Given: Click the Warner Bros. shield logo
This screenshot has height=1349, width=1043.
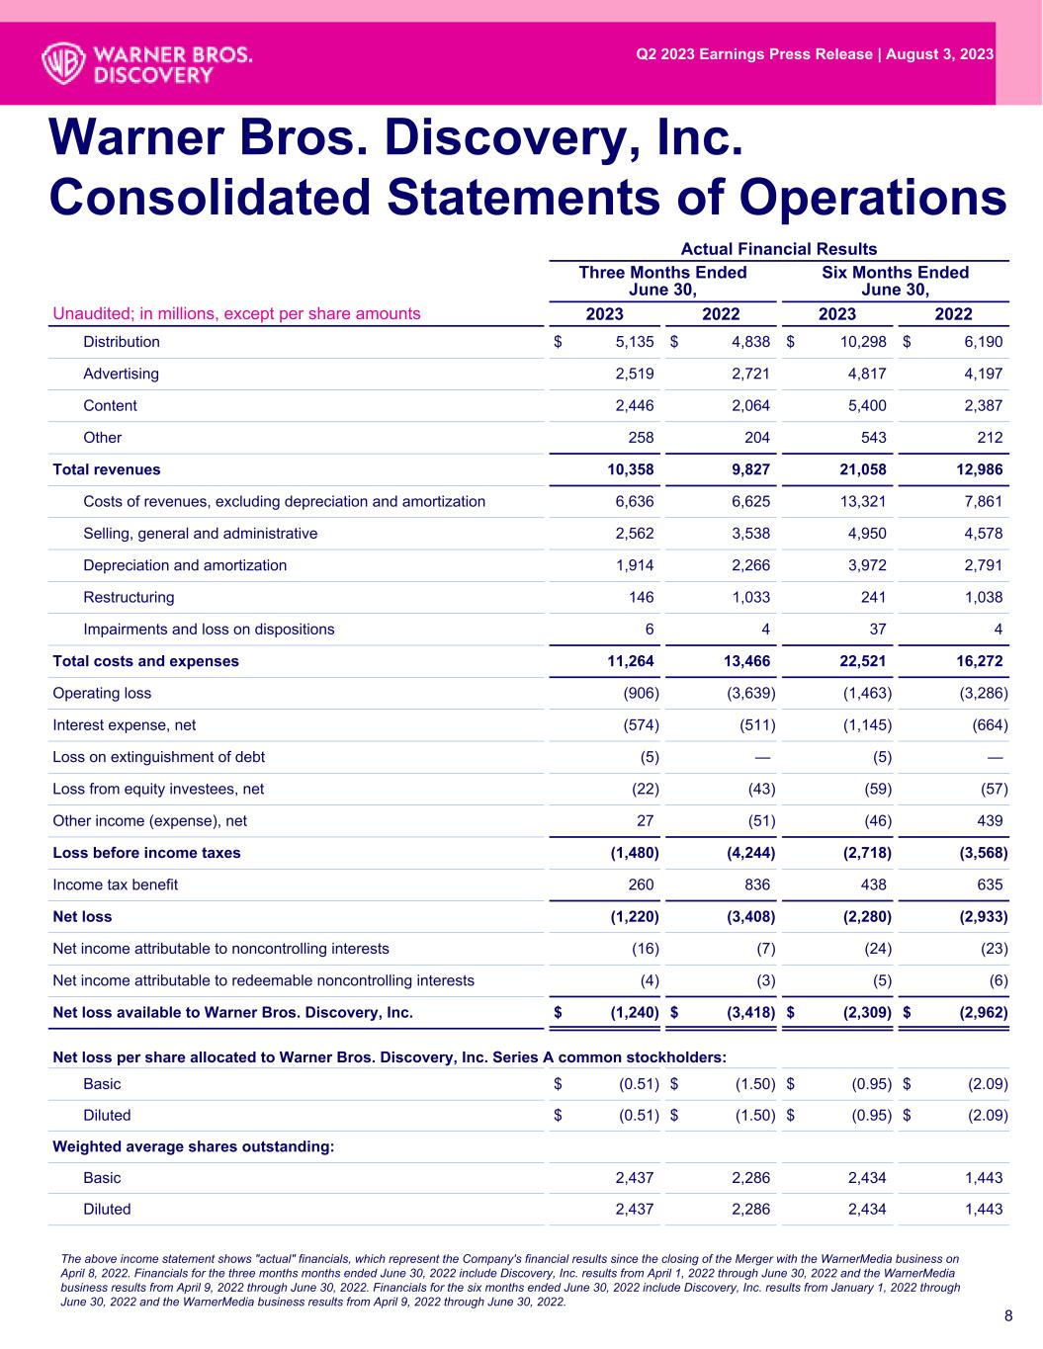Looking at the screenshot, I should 62,61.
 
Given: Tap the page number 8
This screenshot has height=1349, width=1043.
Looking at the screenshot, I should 1007,1315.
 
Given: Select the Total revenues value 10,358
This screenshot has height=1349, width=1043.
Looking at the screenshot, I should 629,469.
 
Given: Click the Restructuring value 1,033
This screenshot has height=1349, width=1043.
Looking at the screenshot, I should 747,597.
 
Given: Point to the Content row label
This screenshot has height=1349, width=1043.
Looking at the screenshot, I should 110,406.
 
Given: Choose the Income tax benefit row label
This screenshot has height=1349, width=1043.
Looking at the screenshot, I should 115,885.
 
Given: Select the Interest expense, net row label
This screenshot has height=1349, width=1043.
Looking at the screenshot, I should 124,725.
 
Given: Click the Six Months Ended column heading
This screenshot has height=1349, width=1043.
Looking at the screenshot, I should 895,281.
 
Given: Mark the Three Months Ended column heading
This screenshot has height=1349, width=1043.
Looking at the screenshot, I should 662,281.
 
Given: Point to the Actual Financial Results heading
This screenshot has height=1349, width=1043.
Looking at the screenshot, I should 778,249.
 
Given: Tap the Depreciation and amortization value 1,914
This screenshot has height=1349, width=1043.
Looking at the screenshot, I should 634,565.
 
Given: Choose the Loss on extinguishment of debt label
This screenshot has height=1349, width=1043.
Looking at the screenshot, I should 158,757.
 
